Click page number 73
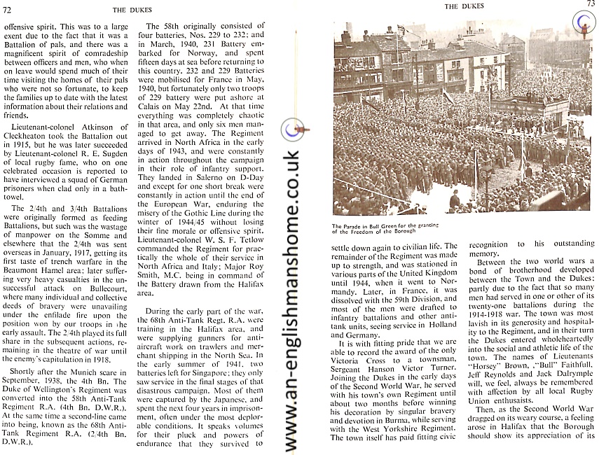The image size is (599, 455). pyautogui.click(x=591, y=4)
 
